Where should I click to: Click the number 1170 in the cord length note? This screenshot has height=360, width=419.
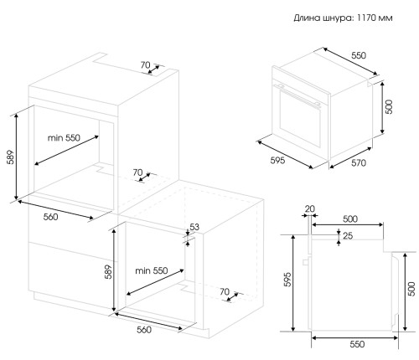[x=366, y=18]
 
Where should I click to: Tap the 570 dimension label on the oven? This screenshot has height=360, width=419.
[x=359, y=162]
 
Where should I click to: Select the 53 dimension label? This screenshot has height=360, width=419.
[x=194, y=227]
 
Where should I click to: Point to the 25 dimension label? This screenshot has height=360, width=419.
[x=348, y=236]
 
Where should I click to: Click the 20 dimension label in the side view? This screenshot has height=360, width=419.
[x=310, y=208]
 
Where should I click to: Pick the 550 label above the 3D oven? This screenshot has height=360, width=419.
[x=359, y=55]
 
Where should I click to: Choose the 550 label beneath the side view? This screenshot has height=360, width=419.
[x=357, y=344]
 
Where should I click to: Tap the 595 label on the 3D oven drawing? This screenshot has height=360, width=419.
[x=277, y=160]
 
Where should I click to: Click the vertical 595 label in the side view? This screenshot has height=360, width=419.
[x=287, y=280]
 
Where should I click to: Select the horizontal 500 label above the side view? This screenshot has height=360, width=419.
[x=350, y=219]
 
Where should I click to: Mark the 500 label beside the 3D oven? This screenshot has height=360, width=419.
[x=389, y=106]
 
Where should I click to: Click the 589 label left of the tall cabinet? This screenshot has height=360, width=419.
[x=10, y=157]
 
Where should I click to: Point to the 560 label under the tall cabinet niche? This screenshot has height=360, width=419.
[x=50, y=217]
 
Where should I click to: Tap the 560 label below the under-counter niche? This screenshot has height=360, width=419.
[x=144, y=330]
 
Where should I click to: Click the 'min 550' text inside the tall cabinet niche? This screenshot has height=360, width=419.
[x=64, y=137]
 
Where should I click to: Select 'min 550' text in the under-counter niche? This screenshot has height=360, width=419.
[x=152, y=270]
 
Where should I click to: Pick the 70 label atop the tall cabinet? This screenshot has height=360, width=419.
[x=145, y=65]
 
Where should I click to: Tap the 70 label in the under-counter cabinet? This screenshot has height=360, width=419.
[x=225, y=291]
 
